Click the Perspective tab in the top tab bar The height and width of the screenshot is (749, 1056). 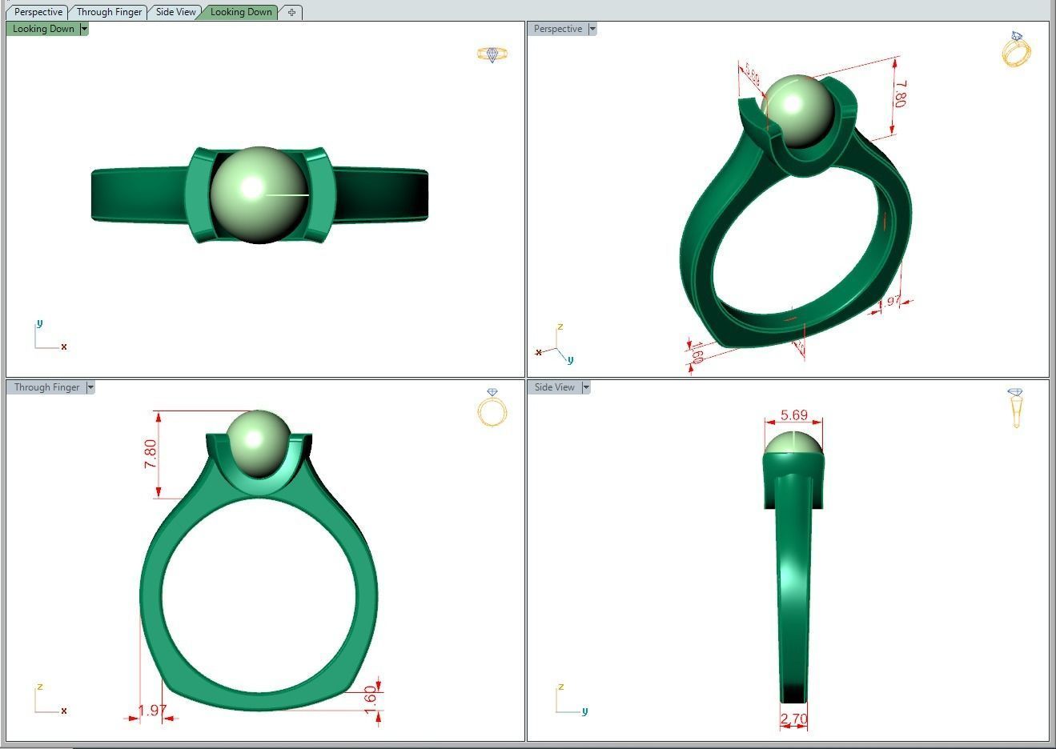[38, 12]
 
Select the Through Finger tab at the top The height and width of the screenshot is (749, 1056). [109, 12]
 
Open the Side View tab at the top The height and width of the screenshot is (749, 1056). [175, 12]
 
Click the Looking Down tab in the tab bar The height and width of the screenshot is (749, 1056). [241, 12]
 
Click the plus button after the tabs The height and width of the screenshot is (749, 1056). [291, 12]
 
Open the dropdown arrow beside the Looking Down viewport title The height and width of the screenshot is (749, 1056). [84, 29]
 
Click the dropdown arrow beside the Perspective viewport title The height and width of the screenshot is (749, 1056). [592, 29]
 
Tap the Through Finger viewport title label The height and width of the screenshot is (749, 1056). [46, 387]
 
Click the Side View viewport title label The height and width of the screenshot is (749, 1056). [554, 387]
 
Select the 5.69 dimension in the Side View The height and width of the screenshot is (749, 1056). [793, 415]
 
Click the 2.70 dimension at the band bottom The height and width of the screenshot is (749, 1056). [793, 719]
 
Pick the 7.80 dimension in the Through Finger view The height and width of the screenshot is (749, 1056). [151, 454]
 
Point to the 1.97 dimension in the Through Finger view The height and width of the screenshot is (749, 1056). [151, 711]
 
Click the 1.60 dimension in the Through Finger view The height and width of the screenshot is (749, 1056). [370, 695]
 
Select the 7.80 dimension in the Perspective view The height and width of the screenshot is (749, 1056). [901, 94]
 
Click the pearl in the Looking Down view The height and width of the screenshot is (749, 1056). [259, 194]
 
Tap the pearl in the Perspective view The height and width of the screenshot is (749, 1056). [797, 110]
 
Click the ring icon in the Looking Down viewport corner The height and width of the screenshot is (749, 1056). [492, 54]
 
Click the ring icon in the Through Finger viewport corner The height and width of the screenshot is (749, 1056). [492, 408]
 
